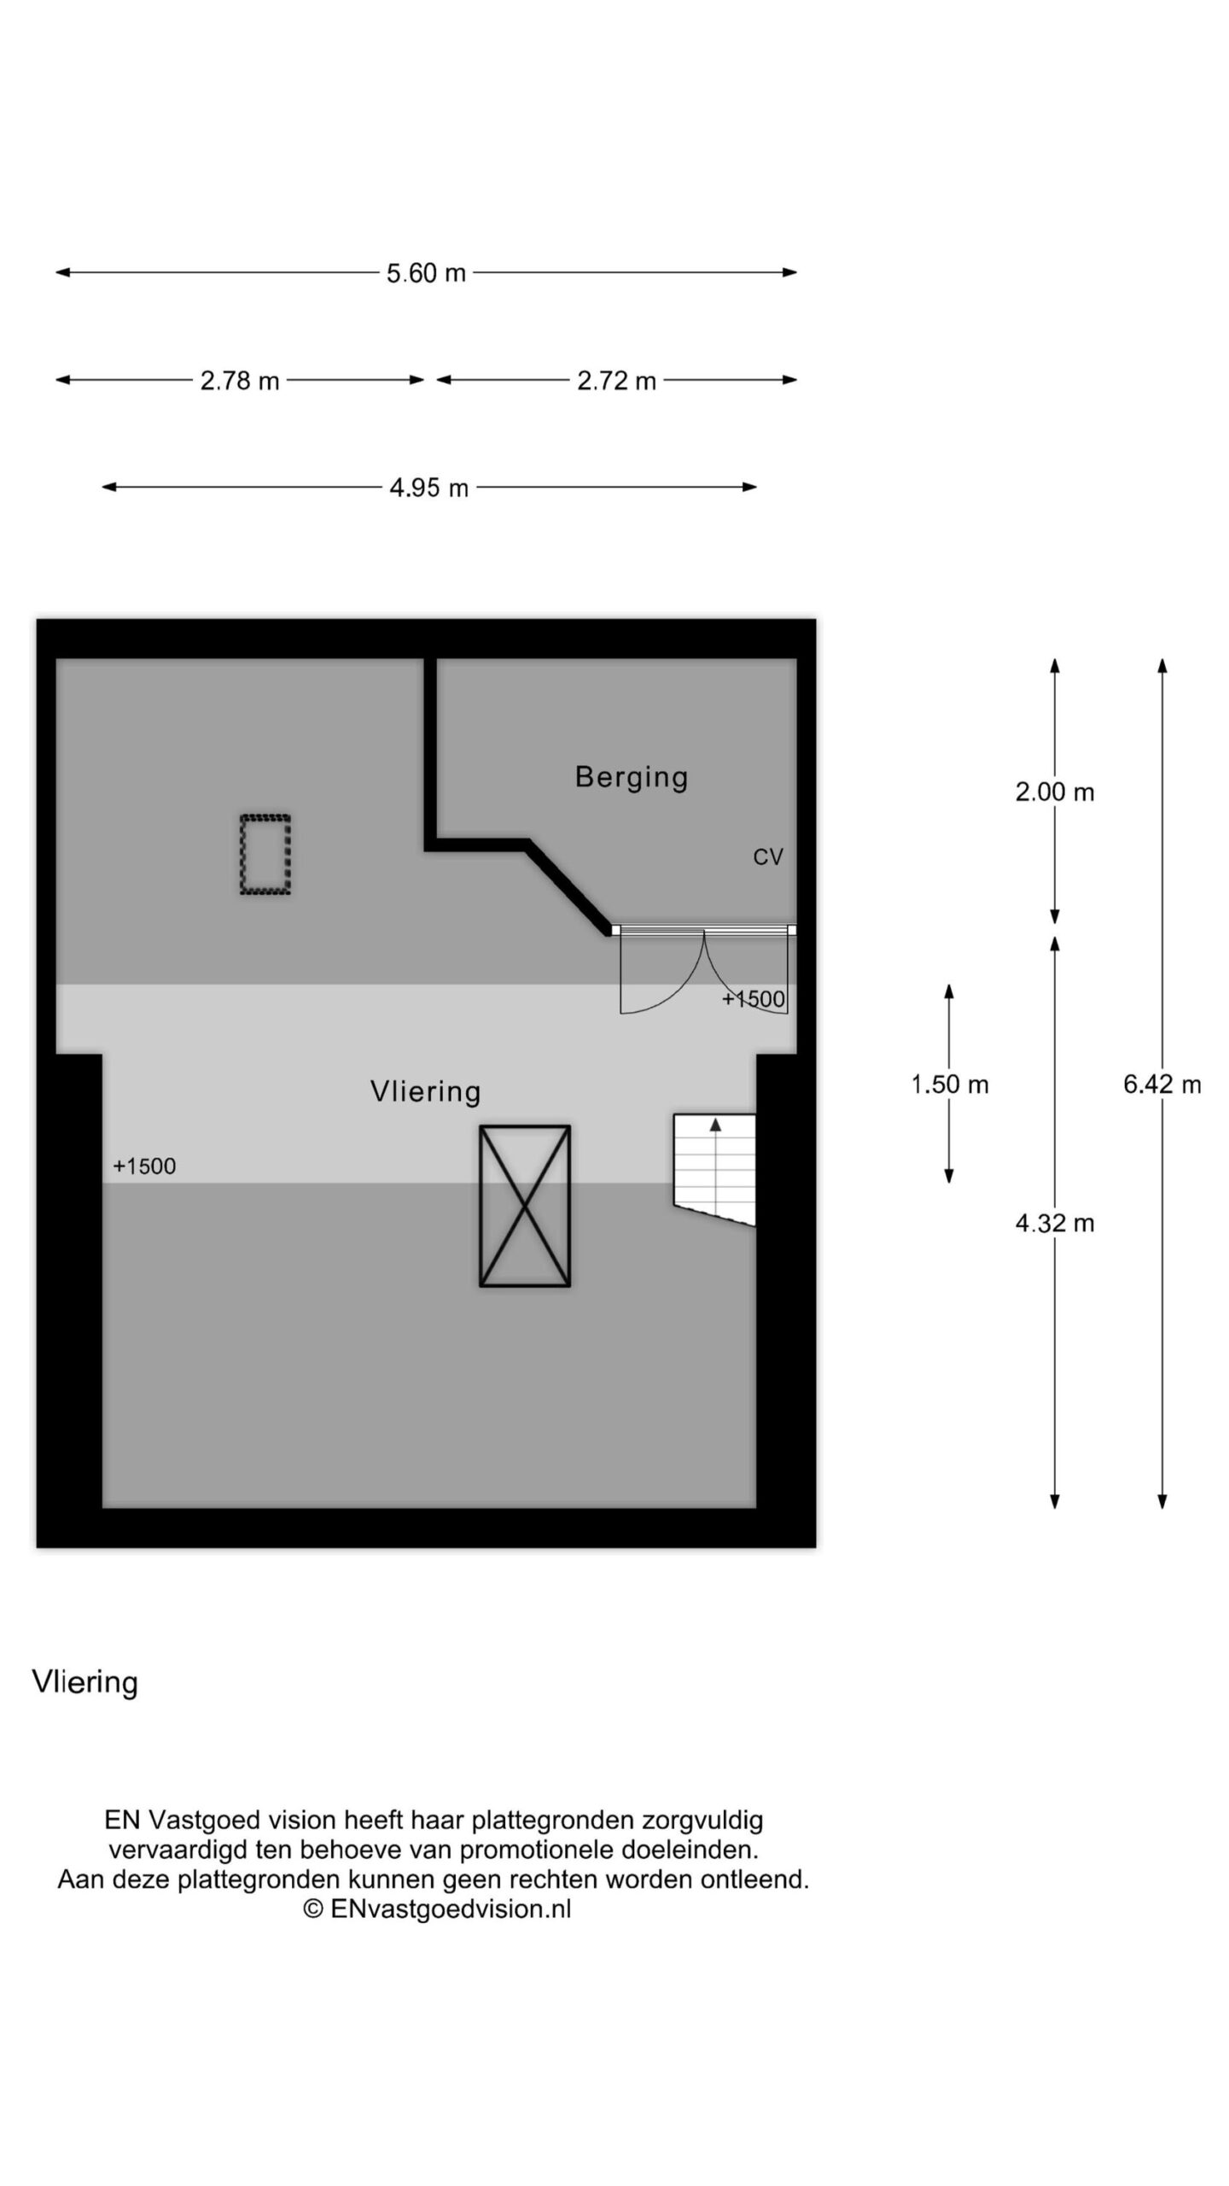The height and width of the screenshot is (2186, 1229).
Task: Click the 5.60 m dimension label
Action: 426,273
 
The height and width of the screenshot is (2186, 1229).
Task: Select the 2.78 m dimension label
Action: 240,381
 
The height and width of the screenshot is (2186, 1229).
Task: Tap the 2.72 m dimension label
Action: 616,381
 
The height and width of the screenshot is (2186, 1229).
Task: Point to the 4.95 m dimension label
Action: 428,488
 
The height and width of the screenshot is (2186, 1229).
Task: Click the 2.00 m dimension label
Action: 1054,792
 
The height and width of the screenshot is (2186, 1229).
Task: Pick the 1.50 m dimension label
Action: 949,1084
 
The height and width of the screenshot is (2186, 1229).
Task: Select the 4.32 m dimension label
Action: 1054,1224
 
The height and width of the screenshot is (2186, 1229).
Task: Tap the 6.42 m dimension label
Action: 1162,1084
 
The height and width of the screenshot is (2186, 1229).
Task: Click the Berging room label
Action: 631,777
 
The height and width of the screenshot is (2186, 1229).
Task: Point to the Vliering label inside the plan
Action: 425,1091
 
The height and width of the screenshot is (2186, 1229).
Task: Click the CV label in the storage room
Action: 767,857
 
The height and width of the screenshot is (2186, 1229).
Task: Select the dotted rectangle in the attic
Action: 265,855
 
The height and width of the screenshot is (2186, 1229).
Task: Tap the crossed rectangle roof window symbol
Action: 524,1206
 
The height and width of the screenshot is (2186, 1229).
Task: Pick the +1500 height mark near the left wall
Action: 144,1166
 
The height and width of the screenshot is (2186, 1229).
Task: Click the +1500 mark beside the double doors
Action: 753,999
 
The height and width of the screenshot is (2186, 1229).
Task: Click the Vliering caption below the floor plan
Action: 84,1682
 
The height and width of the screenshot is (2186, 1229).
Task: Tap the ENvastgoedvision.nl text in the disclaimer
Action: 450,1909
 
